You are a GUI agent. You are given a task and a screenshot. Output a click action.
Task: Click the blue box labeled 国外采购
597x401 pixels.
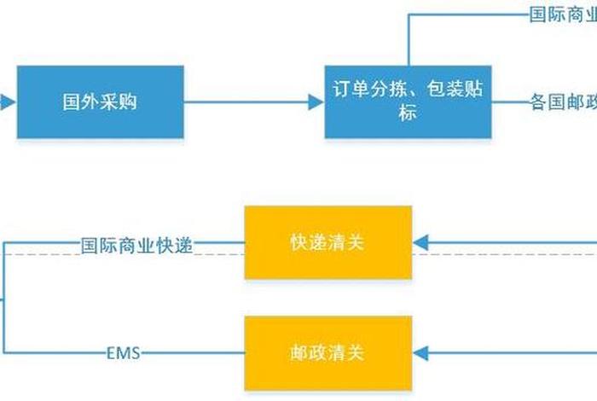pos(100,102)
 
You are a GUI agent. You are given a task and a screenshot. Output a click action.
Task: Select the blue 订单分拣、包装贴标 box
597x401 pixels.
pos(408,102)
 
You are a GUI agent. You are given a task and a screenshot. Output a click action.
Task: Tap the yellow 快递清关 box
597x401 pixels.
pos(327,242)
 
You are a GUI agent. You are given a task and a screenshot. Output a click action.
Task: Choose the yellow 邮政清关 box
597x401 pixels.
pos(327,352)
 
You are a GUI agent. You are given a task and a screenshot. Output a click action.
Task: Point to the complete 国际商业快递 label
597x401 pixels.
pos(136,245)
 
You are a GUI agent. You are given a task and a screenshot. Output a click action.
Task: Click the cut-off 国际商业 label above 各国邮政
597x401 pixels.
pos(562,15)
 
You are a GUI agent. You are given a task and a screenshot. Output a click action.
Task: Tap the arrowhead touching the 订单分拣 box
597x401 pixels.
pos(316,102)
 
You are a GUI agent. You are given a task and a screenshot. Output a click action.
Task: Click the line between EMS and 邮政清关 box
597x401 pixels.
pos(194,352)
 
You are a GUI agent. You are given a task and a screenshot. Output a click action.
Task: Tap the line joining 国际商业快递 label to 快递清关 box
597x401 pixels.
pos(219,244)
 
